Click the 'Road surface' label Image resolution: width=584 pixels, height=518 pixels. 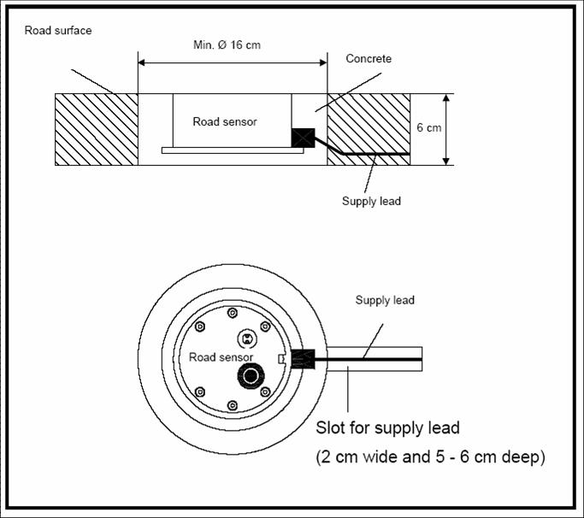[x=58, y=31]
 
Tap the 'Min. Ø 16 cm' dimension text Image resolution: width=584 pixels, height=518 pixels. [x=227, y=45]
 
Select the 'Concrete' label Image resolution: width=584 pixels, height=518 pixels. [x=369, y=58]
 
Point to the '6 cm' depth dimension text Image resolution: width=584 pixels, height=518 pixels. [x=429, y=127]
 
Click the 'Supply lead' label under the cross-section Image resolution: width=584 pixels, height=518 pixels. [x=371, y=201]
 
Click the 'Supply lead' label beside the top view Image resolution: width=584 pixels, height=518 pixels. [x=385, y=300]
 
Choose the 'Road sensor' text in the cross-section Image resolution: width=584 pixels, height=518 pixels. [x=225, y=121]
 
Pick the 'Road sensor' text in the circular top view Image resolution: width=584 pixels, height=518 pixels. [x=221, y=357]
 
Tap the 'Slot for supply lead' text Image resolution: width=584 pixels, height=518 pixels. [x=387, y=428]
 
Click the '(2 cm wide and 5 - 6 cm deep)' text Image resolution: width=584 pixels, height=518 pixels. [x=431, y=456]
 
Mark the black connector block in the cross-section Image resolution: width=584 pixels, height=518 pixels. [x=303, y=138]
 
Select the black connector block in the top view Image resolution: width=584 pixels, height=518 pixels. [x=303, y=359]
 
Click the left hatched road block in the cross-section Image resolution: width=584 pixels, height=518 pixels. [x=97, y=129]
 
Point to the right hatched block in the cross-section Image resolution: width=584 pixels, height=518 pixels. [x=369, y=129]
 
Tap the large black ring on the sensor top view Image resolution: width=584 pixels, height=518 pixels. [x=251, y=376]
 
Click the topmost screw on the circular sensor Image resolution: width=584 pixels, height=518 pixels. [x=233, y=313]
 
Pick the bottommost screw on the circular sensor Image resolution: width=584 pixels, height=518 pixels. [x=233, y=405]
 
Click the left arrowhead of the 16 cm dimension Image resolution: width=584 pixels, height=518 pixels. [x=141, y=62]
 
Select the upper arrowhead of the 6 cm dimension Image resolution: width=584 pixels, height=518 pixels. [x=446, y=97]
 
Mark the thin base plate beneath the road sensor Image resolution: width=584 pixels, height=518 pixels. [x=233, y=150]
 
